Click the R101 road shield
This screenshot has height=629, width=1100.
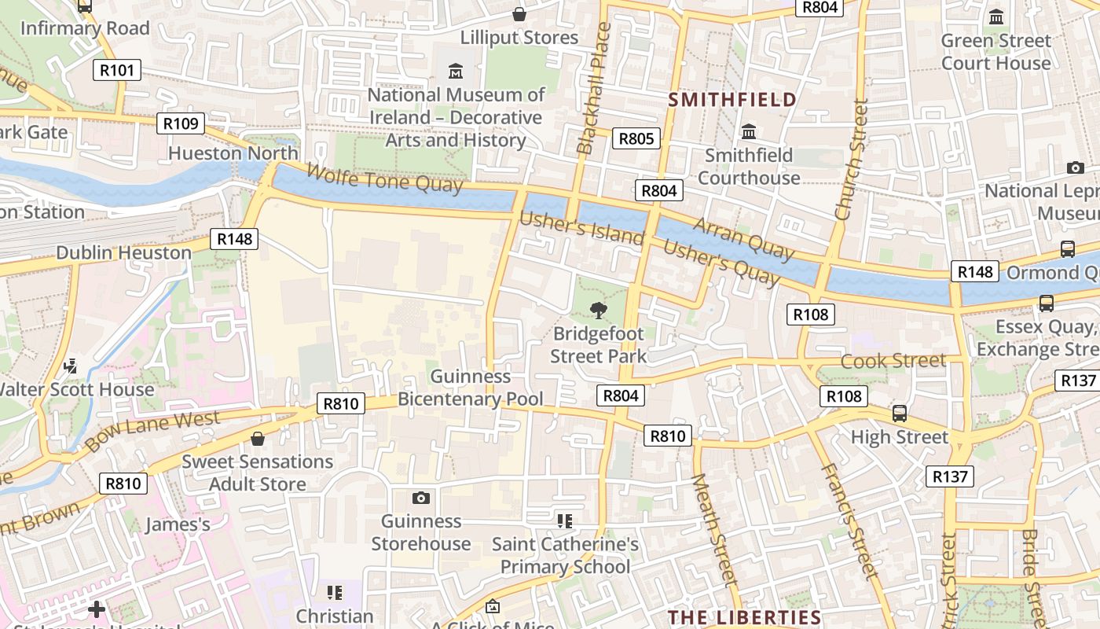(x=117, y=70)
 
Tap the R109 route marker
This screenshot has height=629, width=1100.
(x=180, y=123)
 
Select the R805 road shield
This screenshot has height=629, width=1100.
(x=636, y=139)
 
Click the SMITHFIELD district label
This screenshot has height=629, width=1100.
(x=732, y=100)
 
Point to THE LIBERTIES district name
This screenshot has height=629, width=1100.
(x=744, y=617)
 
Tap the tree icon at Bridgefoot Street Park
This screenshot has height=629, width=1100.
(x=599, y=310)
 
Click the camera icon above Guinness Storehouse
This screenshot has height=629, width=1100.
(x=421, y=498)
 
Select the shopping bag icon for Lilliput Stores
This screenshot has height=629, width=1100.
(x=519, y=14)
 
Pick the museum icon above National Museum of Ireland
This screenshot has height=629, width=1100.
(x=456, y=72)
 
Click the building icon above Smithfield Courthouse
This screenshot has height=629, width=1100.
(x=749, y=131)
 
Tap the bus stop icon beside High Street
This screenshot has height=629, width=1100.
(x=900, y=413)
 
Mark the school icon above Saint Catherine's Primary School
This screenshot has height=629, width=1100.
(x=564, y=520)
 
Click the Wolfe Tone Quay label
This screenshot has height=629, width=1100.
(x=384, y=178)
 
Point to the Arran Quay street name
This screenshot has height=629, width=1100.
(x=743, y=238)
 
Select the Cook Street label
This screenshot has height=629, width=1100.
(x=893, y=361)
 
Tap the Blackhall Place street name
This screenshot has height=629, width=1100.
(x=594, y=88)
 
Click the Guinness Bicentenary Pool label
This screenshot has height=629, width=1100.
(x=470, y=388)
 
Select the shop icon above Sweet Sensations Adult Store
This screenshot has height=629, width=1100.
(x=258, y=438)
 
